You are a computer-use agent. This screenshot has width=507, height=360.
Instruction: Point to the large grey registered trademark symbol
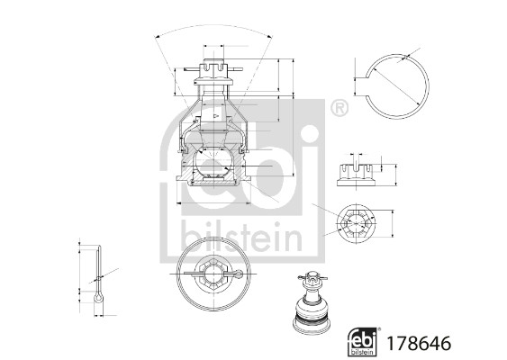pos(339,110)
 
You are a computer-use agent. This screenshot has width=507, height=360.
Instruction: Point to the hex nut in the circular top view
pos(213,269)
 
